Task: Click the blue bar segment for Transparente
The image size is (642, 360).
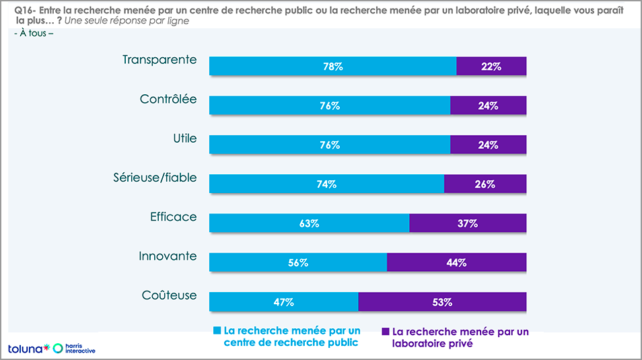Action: [332, 66]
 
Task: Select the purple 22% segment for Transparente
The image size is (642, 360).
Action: [491, 66]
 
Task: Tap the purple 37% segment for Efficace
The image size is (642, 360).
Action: [468, 223]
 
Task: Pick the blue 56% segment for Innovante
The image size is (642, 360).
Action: [298, 262]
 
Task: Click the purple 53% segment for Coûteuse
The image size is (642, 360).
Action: [442, 302]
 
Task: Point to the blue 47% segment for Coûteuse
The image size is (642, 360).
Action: [283, 302]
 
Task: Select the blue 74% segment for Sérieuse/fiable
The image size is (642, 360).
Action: [326, 184]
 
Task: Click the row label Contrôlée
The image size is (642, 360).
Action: [168, 99]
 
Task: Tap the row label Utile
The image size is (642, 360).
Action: [184, 139]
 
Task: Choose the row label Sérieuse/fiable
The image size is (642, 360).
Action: [155, 178]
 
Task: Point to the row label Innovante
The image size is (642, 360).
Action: [168, 256]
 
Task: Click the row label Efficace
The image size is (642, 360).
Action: [174, 217]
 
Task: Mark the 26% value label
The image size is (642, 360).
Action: [485, 184]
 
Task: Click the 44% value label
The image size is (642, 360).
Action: [456, 262]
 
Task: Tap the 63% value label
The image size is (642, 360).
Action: [309, 223]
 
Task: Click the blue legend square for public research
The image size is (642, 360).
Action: [217, 331]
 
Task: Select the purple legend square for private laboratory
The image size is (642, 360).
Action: [386, 331]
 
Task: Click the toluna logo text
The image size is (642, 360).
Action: [25, 349]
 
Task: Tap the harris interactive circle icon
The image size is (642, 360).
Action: [58, 348]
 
